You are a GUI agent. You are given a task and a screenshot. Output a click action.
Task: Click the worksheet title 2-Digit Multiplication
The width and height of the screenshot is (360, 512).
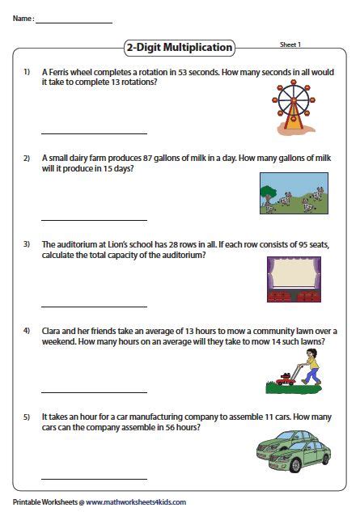click(180, 48)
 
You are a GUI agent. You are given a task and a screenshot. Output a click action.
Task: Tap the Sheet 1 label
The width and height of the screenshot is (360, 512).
click(290, 44)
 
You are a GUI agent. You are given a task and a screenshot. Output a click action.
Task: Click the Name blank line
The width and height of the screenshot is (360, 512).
click(74, 23)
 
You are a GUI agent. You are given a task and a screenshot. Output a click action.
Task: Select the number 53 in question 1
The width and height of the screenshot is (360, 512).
click(182, 72)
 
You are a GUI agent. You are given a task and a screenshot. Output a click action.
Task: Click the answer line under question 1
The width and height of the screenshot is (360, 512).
click(94, 133)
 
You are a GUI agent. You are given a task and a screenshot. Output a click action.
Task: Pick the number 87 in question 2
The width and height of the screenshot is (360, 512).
click(147, 158)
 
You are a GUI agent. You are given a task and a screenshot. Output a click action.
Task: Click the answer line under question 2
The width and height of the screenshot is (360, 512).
click(94, 220)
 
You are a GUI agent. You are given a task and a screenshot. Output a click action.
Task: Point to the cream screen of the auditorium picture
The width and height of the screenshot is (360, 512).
click(294, 272)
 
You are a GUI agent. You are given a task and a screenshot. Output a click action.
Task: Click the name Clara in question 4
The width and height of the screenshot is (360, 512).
click(51, 331)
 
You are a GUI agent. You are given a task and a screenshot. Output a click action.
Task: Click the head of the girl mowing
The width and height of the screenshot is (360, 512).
click(311, 353)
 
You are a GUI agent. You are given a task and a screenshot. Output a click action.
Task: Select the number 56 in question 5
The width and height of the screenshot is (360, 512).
click(170, 427)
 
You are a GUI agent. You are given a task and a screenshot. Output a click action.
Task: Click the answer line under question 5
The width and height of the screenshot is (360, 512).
click(94, 479)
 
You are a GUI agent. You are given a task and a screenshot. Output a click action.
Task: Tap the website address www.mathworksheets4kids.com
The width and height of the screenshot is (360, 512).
click(136, 501)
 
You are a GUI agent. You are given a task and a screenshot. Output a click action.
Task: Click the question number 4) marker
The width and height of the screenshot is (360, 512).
click(27, 331)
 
